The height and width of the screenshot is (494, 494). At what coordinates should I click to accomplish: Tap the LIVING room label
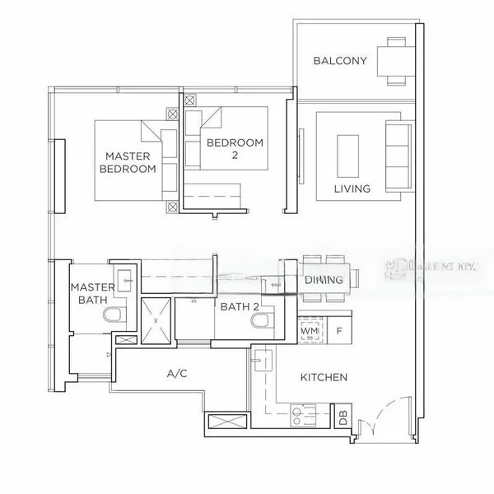[x=352, y=189]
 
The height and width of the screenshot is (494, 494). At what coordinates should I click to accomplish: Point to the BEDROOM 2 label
[x=235, y=148]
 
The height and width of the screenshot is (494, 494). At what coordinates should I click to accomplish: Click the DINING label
[x=324, y=280]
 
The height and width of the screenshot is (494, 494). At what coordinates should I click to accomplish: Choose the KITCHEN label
[x=324, y=377]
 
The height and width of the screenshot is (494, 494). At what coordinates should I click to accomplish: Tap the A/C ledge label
[x=177, y=374]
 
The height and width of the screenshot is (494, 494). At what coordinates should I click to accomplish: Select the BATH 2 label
[x=240, y=307]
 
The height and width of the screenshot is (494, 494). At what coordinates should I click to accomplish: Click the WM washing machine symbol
[x=310, y=330]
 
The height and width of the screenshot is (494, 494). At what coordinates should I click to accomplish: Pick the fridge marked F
[x=339, y=330]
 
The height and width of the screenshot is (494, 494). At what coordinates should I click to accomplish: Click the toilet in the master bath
[x=113, y=315]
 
